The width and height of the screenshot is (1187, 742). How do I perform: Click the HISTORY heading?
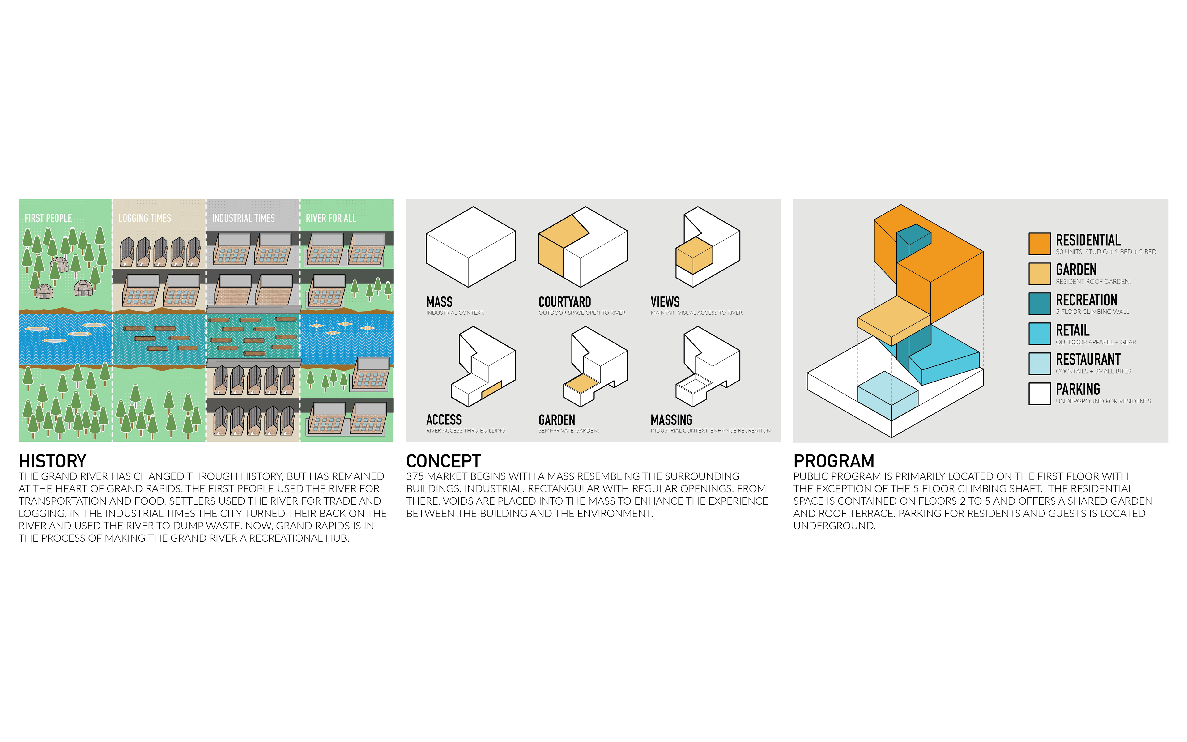(53, 461)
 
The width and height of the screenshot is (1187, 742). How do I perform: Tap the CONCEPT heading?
(443, 461)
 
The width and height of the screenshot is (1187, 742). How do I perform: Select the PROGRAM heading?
(834, 461)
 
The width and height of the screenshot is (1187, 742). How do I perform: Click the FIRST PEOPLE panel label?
(48, 218)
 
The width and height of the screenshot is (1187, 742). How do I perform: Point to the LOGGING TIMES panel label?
(145, 218)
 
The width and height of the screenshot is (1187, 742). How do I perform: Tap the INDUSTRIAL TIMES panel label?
(243, 218)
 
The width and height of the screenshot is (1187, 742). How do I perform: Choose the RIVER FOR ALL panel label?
(331, 218)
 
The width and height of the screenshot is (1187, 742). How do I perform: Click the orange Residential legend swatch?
(1039, 244)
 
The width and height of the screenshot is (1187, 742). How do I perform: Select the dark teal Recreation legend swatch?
(1039, 304)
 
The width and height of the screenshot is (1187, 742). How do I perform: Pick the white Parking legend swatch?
(1039, 394)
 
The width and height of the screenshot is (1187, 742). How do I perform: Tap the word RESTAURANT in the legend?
(1088, 359)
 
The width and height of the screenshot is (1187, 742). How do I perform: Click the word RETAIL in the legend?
(1073, 330)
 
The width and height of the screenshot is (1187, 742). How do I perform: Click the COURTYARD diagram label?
(564, 302)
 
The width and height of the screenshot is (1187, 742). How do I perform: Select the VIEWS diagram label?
(665, 302)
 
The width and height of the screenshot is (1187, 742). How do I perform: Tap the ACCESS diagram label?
(444, 420)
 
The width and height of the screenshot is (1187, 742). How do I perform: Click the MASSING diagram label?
(671, 420)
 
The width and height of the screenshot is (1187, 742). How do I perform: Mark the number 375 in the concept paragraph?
(415, 476)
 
